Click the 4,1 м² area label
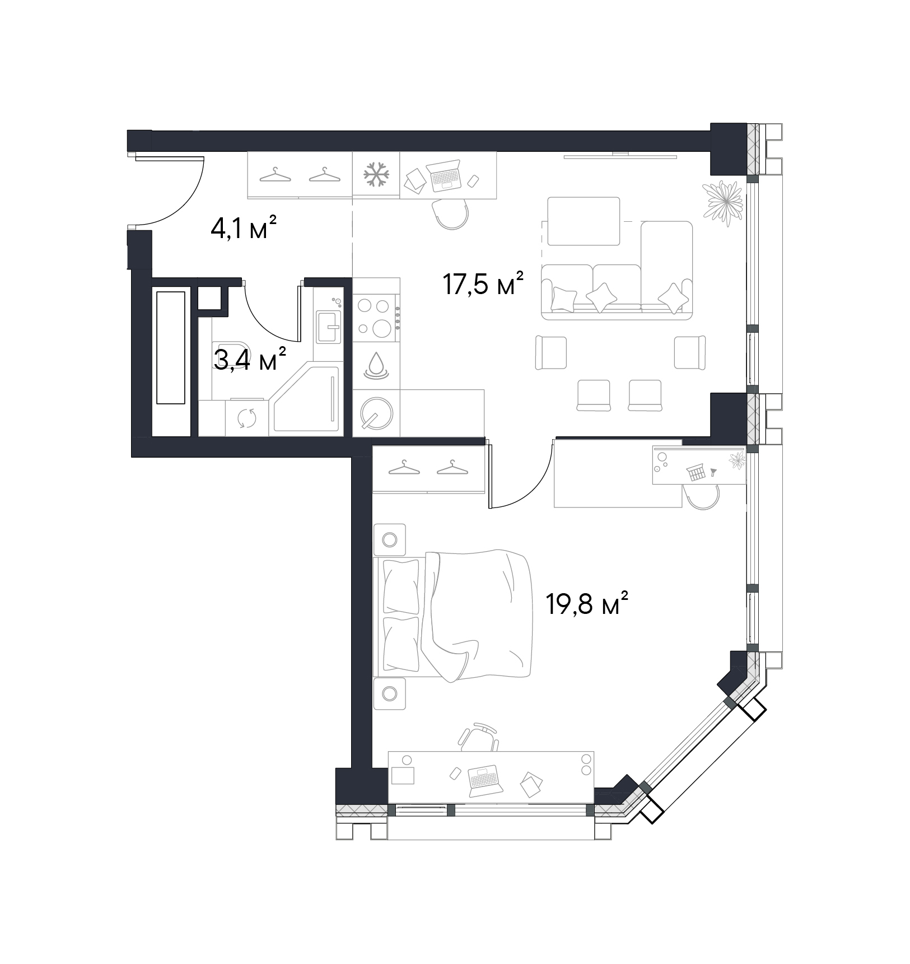coord(243,229)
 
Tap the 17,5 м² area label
coord(483,284)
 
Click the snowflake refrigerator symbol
coord(376,175)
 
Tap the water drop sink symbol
coord(376,365)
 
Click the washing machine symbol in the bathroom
coord(247,418)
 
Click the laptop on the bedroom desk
coord(484,780)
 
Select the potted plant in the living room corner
coord(724,202)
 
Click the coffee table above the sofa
coord(584,221)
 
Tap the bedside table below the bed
coord(389,693)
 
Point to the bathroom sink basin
coord(328,327)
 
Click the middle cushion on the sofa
coord(602,296)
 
